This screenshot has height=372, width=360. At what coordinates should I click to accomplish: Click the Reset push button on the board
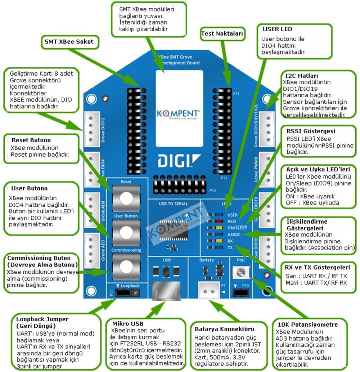(x=126, y=197)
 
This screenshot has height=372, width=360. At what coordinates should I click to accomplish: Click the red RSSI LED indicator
(x=219, y=221)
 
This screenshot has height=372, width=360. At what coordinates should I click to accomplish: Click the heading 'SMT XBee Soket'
(x=69, y=41)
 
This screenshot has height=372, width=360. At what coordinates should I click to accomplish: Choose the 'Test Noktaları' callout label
(x=222, y=34)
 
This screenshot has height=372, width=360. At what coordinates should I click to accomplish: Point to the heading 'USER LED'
(x=278, y=29)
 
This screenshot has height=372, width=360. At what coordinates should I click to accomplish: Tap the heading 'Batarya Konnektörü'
(x=224, y=329)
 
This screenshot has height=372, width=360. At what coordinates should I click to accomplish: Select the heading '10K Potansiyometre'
(x=307, y=324)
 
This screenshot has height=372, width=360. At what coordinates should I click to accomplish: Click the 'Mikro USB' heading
(x=128, y=323)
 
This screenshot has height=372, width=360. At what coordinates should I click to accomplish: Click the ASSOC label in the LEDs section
(x=234, y=234)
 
